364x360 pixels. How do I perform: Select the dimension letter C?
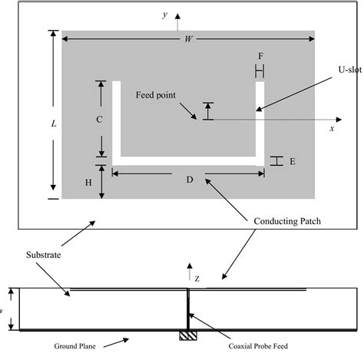tap(100, 119)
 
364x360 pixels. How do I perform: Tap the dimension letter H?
tap(88, 182)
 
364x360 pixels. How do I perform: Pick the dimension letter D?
tap(189, 180)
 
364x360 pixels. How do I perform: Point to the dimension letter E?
tap(292, 161)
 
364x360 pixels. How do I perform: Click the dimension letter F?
tap(260, 57)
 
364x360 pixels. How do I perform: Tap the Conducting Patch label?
tap(286, 221)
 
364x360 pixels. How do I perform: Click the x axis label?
tap(332, 129)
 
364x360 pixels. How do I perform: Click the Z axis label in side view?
tap(196, 279)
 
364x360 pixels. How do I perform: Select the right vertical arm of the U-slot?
tap(260, 119)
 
